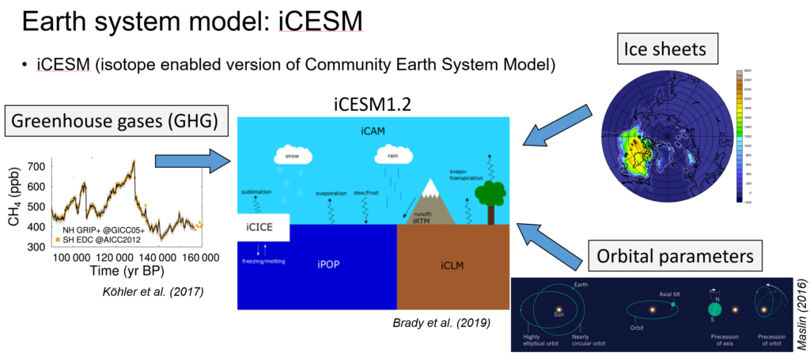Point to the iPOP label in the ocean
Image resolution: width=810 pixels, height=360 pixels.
[x=317, y=265]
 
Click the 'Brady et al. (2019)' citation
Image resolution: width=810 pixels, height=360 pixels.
[x=432, y=322]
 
